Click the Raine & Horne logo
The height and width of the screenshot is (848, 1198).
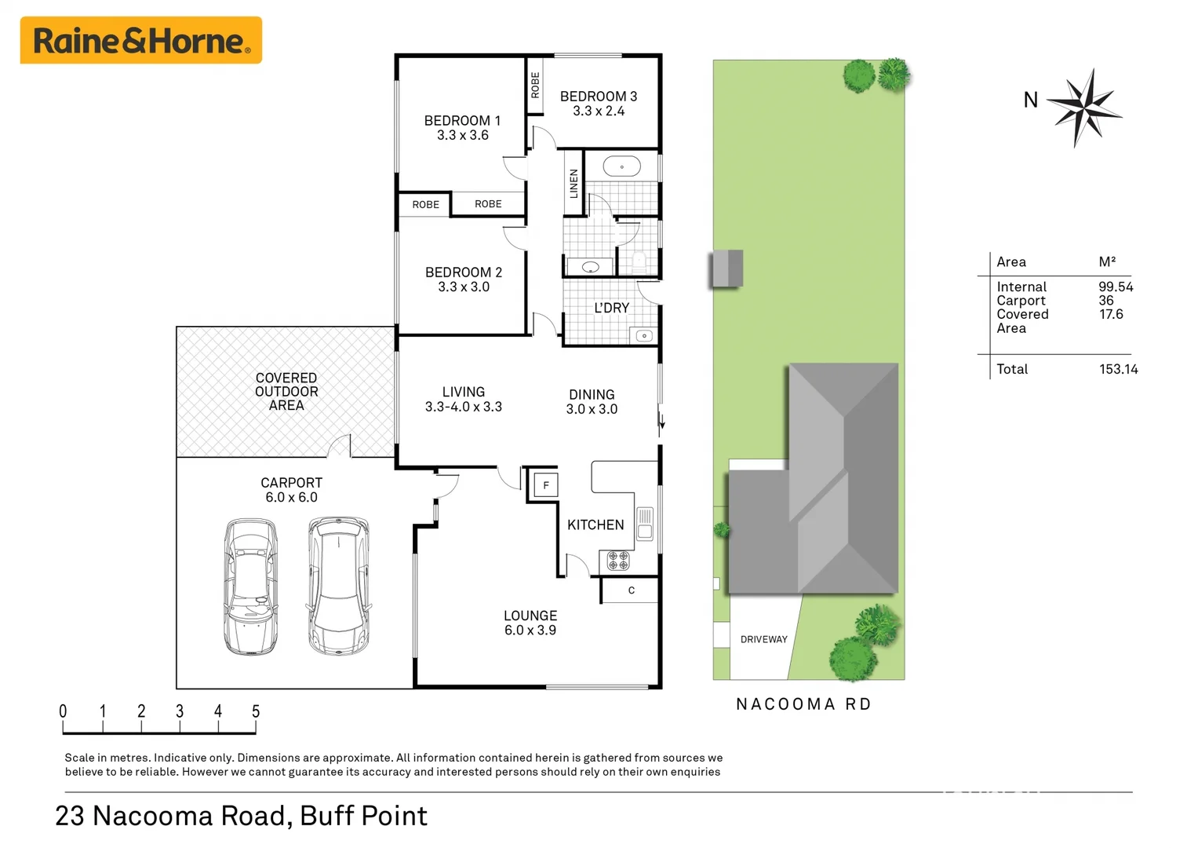click(x=141, y=41)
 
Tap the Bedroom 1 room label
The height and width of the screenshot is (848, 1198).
click(x=462, y=121)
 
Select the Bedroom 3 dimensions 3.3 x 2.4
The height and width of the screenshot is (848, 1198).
click(x=599, y=111)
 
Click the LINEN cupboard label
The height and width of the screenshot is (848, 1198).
click(x=574, y=184)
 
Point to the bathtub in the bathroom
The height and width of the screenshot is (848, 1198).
click(x=622, y=166)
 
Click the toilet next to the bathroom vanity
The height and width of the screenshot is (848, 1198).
click(x=639, y=261)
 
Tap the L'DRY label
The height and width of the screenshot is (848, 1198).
click(x=611, y=308)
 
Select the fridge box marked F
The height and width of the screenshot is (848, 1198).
click(x=546, y=485)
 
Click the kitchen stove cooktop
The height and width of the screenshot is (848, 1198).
click(x=618, y=561)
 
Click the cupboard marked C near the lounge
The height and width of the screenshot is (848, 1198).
click(x=631, y=590)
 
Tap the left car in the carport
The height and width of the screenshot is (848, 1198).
click(x=251, y=586)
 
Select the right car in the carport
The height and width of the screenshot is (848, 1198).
click(x=339, y=585)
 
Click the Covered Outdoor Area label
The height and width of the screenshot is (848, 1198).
click(x=286, y=392)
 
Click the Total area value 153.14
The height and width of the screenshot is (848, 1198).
click(x=1118, y=369)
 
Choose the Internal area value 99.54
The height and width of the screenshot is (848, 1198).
click(x=1116, y=287)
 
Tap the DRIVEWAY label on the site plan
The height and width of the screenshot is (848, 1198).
click(x=763, y=640)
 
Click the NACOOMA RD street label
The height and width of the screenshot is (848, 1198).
click(x=803, y=704)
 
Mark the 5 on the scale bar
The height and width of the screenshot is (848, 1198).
click(x=256, y=711)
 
